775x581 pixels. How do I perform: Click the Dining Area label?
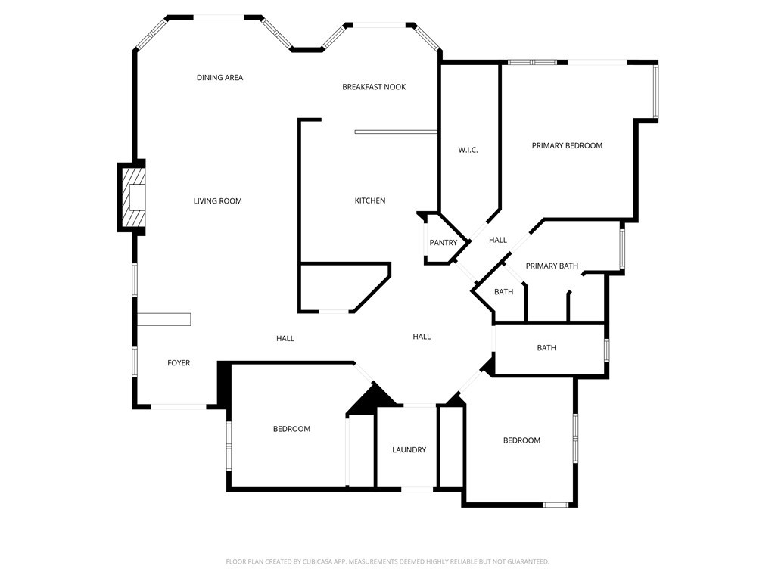coord(219,78)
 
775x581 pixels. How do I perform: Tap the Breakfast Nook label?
coord(374,87)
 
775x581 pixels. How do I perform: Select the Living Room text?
coord(217,201)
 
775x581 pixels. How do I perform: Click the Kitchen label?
coord(370,200)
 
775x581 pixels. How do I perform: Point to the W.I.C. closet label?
coord(468,150)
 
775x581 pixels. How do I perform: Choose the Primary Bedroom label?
coord(567,146)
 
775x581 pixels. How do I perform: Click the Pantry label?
coord(443,243)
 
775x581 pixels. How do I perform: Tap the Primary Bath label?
coord(552,266)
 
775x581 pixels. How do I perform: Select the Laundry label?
coord(409,450)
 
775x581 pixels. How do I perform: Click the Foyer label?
coord(179,363)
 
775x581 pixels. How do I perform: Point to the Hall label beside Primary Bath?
coord(498,241)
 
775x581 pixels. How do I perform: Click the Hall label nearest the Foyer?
coord(285,339)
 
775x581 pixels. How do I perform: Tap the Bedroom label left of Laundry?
coord(291,429)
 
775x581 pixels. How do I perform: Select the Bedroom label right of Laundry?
coord(521,440)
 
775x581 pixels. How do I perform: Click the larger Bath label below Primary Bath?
coord(546,348)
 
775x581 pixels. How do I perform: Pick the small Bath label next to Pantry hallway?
coord(503,292)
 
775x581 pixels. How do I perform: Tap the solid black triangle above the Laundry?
coord(372,399)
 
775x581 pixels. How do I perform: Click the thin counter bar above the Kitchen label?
coord(396,132)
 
